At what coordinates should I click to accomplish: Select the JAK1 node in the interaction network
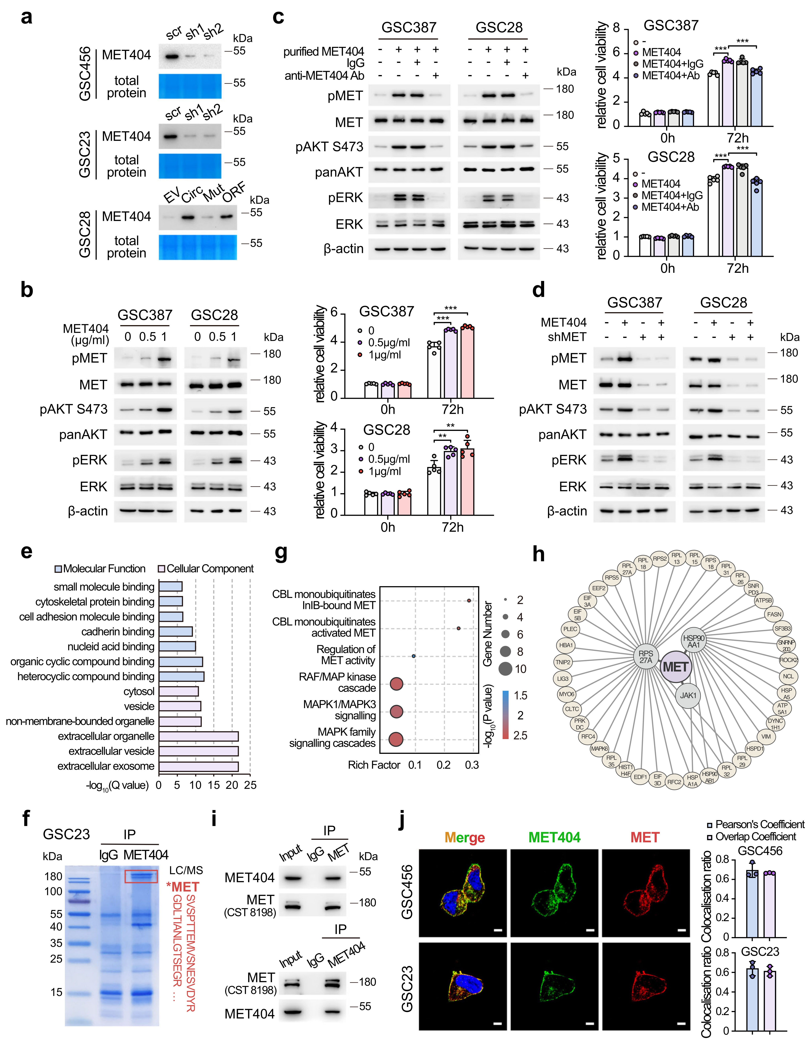click(688, 696)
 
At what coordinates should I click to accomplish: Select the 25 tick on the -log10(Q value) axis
click(250, 785)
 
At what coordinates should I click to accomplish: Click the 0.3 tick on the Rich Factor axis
click(472, 765)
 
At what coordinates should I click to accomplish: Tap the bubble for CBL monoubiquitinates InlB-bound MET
click(469, 601)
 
